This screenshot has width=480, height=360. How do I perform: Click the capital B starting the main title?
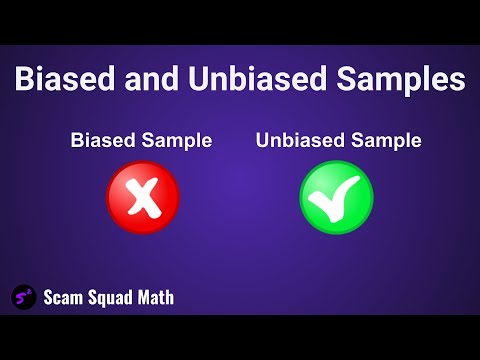pos(22,81)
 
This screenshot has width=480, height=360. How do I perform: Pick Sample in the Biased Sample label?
pos(179,142)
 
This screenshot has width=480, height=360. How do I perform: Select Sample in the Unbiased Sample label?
pos(384,142)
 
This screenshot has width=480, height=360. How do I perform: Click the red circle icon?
pos(142,197)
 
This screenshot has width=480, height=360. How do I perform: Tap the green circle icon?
pos(336,197)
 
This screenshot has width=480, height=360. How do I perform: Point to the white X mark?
pos(142,197)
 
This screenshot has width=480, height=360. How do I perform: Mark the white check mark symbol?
pos(336,198)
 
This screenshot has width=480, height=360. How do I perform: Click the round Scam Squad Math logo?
pos(23,297)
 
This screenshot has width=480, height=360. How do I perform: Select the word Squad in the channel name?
pos(113,298)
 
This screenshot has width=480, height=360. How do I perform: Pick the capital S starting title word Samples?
pos(339,81)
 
